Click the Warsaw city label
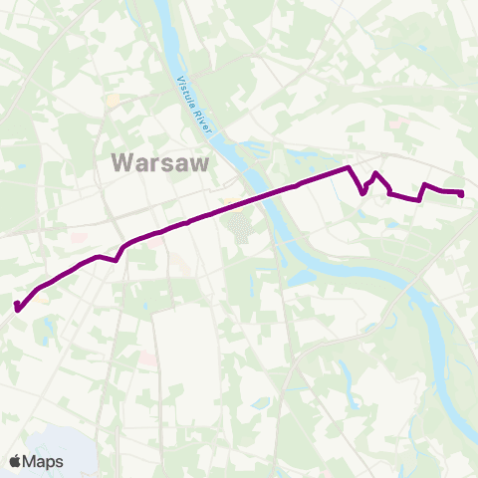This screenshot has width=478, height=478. click(x=159, y=161)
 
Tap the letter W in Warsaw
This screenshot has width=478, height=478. click(x=124, y=161)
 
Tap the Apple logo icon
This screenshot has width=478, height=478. click(x=16, y=461)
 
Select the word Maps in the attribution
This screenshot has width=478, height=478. click(x=44, y=461)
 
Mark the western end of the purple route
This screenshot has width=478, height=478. click(x=17, y=307)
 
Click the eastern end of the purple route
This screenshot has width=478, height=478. click(x=462, y=193)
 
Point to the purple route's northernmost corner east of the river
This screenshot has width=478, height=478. click(x=347, y=167)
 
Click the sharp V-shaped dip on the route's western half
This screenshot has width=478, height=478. click(x=117, y=261)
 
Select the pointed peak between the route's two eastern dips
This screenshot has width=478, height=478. click(x=374, y=173)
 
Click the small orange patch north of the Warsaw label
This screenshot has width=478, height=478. click(x=113, y=101)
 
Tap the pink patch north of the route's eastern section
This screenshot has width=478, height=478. click(x=400, y=123)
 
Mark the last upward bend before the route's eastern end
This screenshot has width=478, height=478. click(x=425, y=184)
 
